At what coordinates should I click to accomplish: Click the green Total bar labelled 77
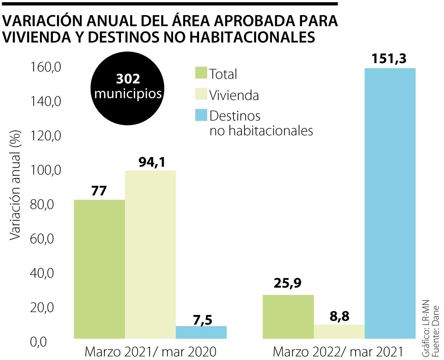pyautogui.click(x=99, y=269)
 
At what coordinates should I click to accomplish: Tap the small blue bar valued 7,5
pyautogui.click(x=201, y=332)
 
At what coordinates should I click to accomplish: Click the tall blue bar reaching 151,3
pyautogui.click(x=390, y=203)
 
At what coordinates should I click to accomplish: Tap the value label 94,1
pyautogui.click(x=152, y=162)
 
